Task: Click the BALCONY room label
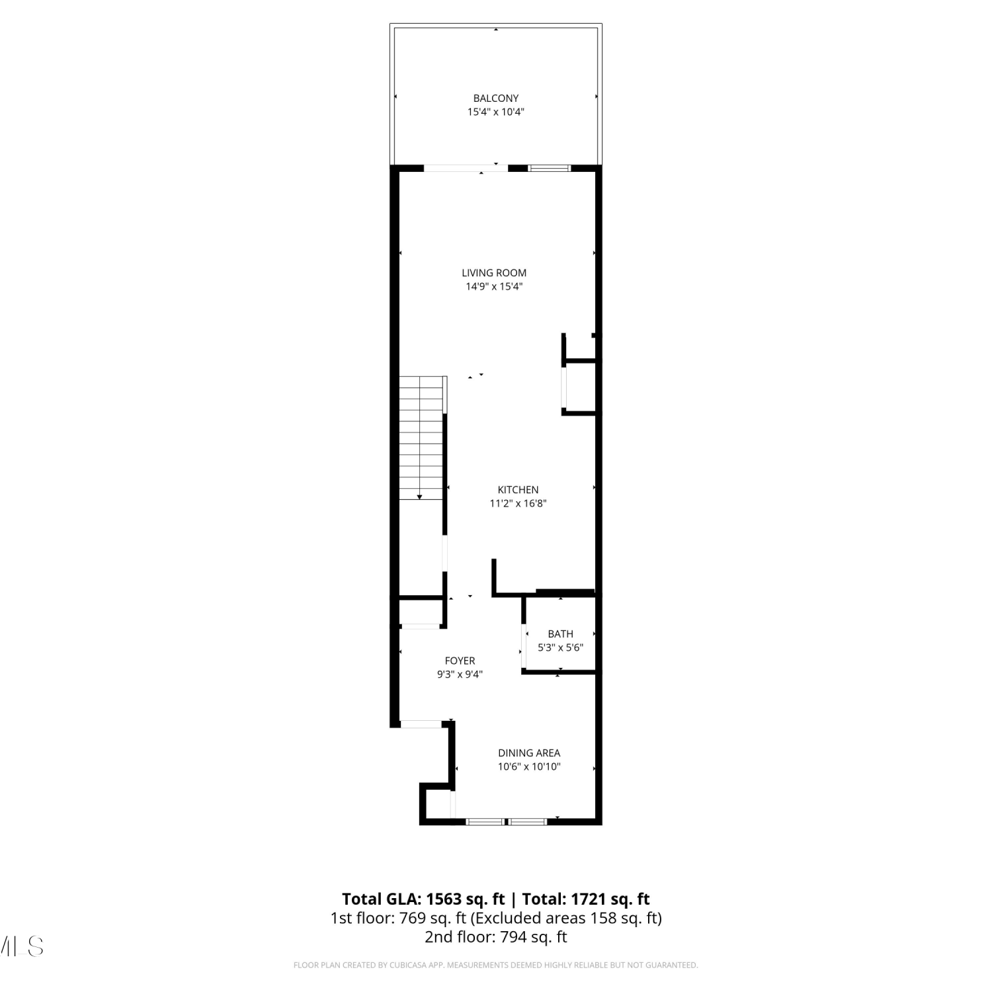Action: (x=496, y=98)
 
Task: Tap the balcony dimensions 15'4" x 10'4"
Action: (x=496, y=112)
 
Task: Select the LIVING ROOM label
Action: (x=494, y=272)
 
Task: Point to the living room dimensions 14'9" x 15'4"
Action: (x=494, y=286)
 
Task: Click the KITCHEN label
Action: (x=518, y=489)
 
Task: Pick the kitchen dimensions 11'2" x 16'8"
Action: (x=518, y=503)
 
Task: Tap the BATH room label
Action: (x=560, y=634)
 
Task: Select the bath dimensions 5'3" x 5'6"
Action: (x=560, y=647)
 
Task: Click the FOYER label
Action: (x=460, y=661)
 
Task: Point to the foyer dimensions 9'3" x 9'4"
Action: (x=460, y=675)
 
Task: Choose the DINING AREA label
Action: (x=529, y=753)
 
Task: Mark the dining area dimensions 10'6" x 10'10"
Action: (x=529, y=766)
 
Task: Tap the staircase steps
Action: (x=421, y=438)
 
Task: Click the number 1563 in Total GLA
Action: (x=444, y=899)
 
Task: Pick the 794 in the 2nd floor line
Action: (x=513, y=937)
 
